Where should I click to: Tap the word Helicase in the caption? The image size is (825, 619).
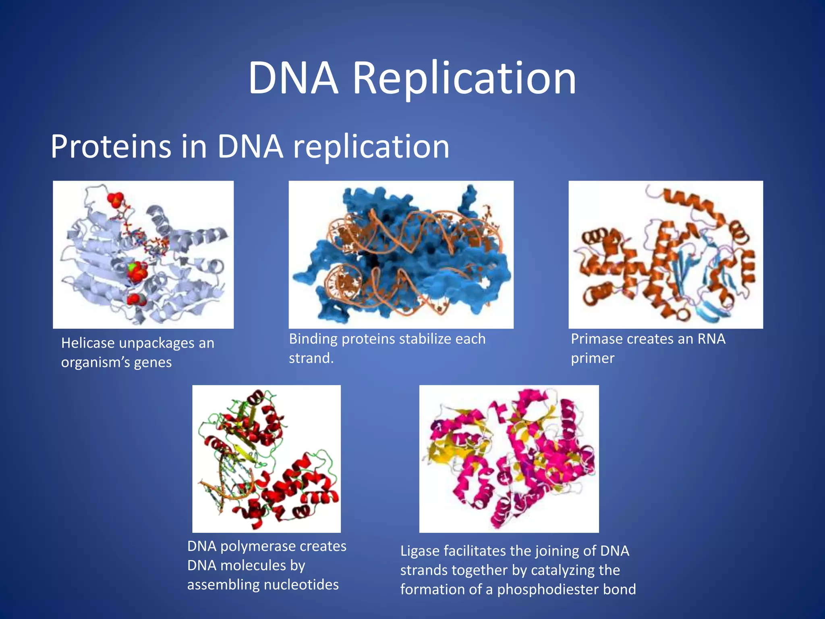pyautogui.click(x=88, y=343)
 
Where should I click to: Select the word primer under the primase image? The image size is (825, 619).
pyautogui.click(x=592, y=358)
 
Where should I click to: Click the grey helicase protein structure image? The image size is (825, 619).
pyautogui.click(x=143, y=255)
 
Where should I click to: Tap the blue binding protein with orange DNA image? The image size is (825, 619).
pyautogui.click(x=401, y=255)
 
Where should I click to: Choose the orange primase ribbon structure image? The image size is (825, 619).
pyautogui.click(x=665, y=255)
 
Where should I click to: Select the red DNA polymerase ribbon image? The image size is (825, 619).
pyautogui.click(x=266, y=459)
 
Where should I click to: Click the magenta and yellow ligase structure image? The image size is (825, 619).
pyautogui.click(x=509, y=459)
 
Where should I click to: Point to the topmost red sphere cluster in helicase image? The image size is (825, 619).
pyautogui.click(x=115, y=198)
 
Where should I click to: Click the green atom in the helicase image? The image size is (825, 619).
pyautogui.click(x=131, y=267)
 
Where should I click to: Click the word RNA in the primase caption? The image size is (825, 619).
pyautogui.click(x=711, y=339)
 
